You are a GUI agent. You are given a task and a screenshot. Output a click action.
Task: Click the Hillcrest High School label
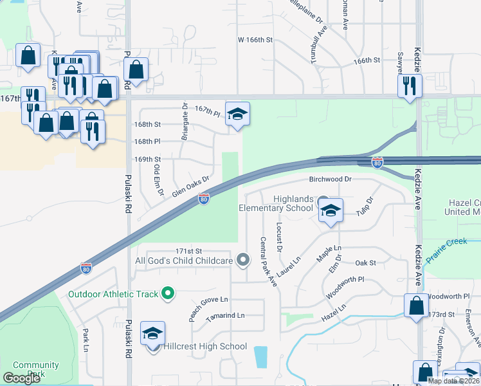click(204, 346)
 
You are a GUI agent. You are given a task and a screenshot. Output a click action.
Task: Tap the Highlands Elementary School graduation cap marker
click(331, 212)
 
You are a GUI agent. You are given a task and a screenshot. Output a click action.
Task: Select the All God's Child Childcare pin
click(242, 260)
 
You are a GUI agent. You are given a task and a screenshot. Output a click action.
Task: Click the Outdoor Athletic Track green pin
click(168, 294)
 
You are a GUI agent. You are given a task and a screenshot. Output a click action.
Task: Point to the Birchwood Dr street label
click(331, 179)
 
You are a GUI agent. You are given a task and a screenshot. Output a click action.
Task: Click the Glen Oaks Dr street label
click(190, 187)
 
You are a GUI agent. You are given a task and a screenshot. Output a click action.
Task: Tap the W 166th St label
click(255, 40)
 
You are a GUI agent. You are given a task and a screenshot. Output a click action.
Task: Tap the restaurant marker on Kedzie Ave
click(410, 86)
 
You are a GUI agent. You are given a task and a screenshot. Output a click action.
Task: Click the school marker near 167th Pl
click(237, 115)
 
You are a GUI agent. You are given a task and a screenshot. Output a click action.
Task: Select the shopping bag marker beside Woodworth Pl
click(416, 306)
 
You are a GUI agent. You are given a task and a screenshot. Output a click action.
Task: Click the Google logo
click(22, 378)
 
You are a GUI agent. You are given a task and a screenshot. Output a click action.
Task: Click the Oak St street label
click(365, 263)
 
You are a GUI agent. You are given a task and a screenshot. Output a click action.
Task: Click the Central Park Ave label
click(268, 261)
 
